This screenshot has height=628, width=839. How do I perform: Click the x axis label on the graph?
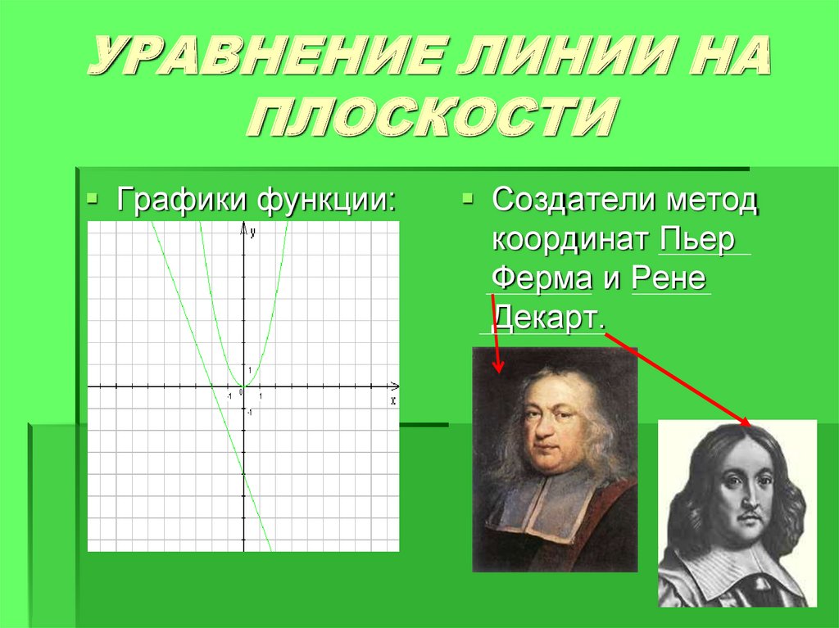(x=393, y=400)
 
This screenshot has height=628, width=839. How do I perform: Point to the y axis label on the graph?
(x=253, y=233)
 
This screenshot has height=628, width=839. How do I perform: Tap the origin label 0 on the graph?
(x=240, y=394)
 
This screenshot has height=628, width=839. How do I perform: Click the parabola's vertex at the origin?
(x=243, y=386)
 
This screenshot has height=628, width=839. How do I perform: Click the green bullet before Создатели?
(x=467, y=199)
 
